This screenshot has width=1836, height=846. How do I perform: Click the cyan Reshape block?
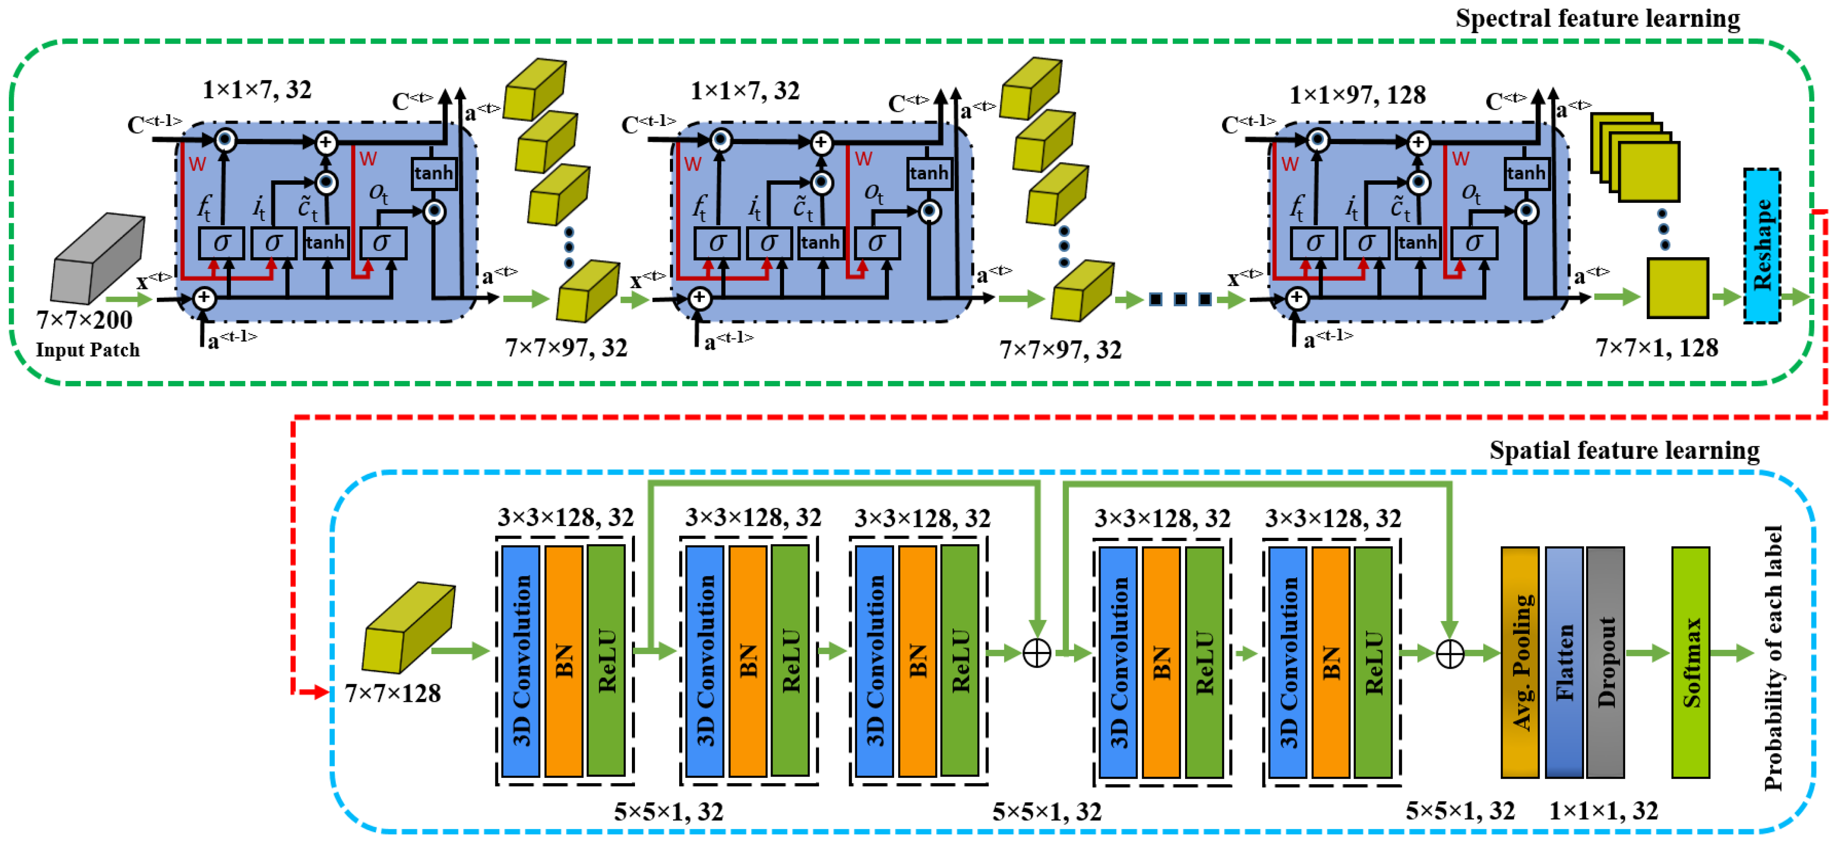1761,246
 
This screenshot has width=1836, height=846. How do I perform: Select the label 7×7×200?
84,320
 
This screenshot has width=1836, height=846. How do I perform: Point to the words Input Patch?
88,350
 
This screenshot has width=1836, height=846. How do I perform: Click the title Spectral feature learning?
1596,19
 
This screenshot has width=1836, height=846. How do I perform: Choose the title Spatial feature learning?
1624,450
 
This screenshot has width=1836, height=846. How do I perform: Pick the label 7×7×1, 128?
1656,348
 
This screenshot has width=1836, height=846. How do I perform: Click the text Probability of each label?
1773,657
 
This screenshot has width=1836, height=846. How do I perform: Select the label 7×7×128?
393,693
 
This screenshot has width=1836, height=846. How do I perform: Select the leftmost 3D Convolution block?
521,661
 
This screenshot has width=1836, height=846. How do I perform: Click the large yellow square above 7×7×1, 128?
1677,288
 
